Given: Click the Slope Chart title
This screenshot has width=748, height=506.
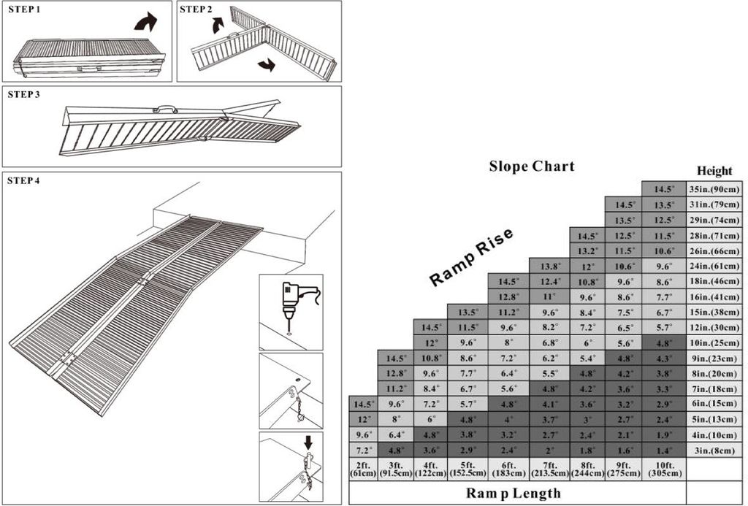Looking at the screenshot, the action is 532,166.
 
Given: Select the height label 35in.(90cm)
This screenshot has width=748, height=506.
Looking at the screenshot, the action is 714,189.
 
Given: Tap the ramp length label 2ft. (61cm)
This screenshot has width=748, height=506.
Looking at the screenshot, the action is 363,469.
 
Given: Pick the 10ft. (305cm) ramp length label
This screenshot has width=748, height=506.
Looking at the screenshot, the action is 663,469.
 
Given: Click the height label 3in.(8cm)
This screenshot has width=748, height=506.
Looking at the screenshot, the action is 714,451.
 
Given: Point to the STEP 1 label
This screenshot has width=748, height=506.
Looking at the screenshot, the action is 24,9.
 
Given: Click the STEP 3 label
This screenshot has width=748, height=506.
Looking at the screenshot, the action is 24,94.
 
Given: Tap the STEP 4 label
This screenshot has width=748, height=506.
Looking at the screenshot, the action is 24,181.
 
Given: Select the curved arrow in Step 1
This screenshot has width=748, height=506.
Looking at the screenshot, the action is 145,23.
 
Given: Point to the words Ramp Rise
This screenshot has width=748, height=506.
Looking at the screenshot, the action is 471,257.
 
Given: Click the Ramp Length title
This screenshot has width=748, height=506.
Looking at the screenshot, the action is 514,493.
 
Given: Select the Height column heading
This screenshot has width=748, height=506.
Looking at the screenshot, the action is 714,170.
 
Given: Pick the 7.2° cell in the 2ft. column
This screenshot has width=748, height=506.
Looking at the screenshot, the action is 363,451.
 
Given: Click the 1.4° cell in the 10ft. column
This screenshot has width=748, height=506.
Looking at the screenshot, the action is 663,451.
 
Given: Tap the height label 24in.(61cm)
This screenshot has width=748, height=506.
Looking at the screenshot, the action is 714,266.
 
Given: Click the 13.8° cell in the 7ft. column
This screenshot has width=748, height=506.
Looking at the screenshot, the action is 549,266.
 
